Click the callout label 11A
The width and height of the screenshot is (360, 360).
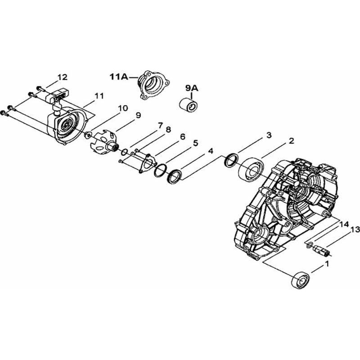click(119, 76)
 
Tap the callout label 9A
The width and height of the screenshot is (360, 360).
click(192, 88)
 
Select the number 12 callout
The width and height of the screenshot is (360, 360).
click(63, 77)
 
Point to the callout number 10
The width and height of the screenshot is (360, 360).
click(123, 108)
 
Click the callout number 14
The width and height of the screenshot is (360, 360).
click(344, 224)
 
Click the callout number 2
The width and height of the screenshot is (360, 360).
click(291, 141)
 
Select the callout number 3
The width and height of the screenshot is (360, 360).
click(269, 135)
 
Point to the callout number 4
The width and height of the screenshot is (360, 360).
click(211, 151)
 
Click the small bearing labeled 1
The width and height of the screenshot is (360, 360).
click(301, 280)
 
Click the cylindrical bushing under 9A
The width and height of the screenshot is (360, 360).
click(188, 104)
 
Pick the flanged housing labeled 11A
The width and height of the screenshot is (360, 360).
click(153, 85)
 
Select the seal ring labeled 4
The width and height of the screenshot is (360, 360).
click(175, 176)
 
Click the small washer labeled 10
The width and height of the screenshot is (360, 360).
click(88, 135)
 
